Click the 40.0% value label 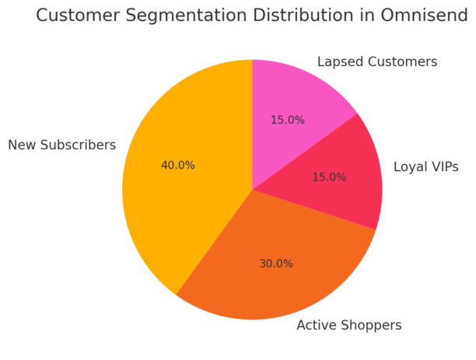pyautogui.click(x=178, y=166)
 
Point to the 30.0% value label pyautogui.click(x=276, y=264)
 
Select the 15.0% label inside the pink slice pyautogui.click(x=288, y=121)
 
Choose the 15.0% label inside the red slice pyautogui.click(x=329, y=177)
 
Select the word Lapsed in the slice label pyautogui.click(x=339, y=62)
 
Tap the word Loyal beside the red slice pyautogui.click(x=409, y=167)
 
